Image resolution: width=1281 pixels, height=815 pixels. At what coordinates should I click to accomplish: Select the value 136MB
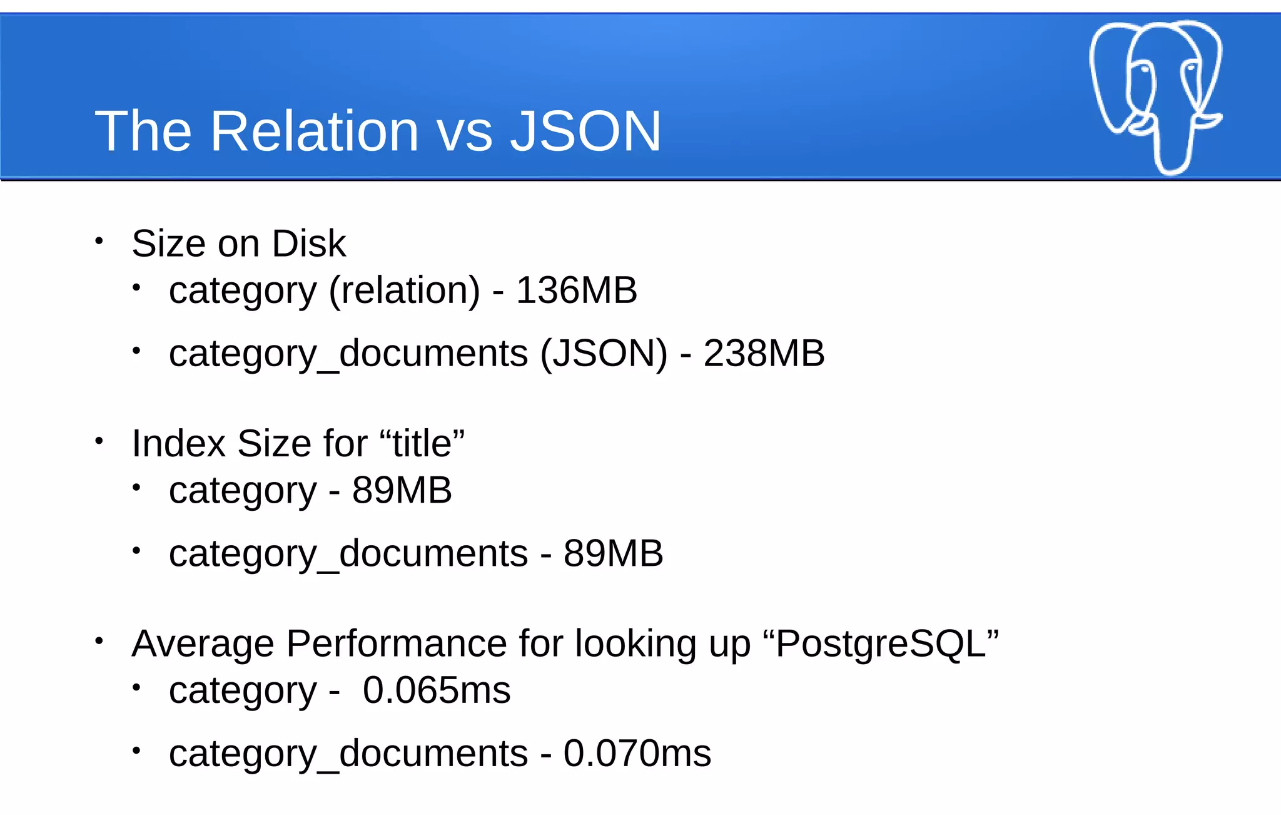click(x=576, y=290)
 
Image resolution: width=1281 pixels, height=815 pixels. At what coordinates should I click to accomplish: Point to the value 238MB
click(x=764, y=353)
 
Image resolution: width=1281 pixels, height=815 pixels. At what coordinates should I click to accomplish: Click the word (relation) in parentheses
click(x=405, y=291)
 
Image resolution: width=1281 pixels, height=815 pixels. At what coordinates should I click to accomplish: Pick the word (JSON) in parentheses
click(x=604, y=354)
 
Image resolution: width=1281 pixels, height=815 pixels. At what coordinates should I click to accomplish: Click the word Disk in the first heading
click(x=309, y=243)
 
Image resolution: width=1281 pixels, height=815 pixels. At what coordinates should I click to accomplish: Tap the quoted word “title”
click(x=422, y=443)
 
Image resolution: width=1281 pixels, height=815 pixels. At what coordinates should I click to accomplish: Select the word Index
click(x=178, y=443)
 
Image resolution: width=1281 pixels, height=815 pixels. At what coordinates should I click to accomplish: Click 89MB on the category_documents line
click(x=613, y=553)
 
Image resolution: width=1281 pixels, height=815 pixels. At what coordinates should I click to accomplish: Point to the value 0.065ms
click(x=437, y=690)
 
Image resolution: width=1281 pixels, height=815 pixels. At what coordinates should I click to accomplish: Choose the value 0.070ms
click(x=637, y=753)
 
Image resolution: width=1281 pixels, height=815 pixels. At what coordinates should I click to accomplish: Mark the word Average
click(x=203, y=643)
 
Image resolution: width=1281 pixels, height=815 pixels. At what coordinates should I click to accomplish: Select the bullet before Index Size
click(x=99, y=441)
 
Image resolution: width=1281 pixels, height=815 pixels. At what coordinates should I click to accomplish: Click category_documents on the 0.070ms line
click(x=348, y=754)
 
